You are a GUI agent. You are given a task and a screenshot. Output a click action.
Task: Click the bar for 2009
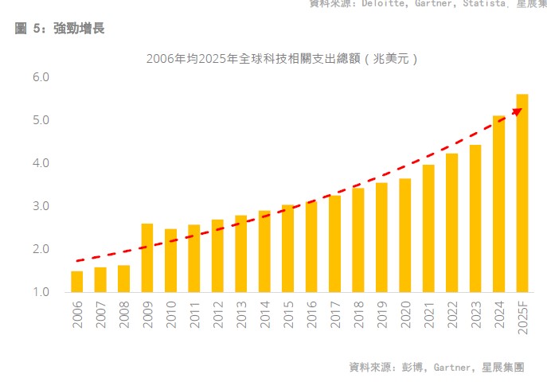(x=147, y=258)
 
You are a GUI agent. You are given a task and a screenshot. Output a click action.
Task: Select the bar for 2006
(x=77, y=282)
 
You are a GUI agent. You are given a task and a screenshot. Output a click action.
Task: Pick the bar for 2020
(x=405, y=236)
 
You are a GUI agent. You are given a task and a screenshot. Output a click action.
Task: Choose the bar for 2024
(x=499, y=204)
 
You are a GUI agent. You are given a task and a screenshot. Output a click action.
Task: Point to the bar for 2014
(x=264, y=251)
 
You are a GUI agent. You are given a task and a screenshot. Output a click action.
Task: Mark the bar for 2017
(x=334, y=244)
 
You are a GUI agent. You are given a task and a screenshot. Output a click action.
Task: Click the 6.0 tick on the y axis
(x=41, y=78)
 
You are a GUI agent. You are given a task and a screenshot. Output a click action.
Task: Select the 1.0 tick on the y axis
(x=41, y=292)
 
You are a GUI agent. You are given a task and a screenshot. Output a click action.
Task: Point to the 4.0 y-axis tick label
(x=41, y=163)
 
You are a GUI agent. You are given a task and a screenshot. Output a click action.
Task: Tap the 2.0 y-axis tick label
(x=41, y=249)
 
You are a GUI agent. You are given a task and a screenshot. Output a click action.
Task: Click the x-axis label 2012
(x=217, y=314)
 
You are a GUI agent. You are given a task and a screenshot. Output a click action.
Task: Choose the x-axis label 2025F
(x=522, y=318)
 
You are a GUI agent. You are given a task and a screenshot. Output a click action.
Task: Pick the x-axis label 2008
(x=124, y=314)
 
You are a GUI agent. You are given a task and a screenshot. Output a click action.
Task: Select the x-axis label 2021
(x=428, y=314)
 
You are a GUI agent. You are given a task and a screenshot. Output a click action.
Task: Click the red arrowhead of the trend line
(x=517, y=111)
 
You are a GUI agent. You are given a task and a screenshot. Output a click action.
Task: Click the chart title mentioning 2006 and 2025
(x=283, y=59)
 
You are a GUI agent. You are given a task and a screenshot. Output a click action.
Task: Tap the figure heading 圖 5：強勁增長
(x=60, y=29)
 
